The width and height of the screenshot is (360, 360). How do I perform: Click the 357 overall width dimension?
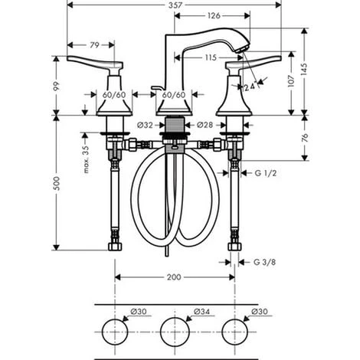[x=175, y=5]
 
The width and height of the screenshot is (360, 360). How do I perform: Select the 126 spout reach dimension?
[x=214, y=15]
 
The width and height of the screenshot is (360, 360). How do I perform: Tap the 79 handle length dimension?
[x=94, y=45]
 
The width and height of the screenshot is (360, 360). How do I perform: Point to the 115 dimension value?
[x=211, y=57]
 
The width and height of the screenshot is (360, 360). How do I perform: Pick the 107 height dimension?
[x=291, y=81]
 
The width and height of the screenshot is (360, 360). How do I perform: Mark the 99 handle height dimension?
[x=57, y=86]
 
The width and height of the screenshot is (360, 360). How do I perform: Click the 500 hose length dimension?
[x=57, y=183]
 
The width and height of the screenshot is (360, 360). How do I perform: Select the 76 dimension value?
[x=305, y=138]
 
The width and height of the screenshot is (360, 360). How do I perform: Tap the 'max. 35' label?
[x=86, y=159]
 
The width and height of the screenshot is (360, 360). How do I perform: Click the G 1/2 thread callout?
[x=266, y=173]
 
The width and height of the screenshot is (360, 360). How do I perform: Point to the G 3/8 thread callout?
[x=264, y=262]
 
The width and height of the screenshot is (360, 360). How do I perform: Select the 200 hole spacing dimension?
[x=174, y=277]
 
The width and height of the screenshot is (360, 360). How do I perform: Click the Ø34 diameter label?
[x=201, y=312]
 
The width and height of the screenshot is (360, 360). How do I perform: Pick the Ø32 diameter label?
[x=145, y=125]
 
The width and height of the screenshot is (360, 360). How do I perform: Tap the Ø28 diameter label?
[x=205, y=125]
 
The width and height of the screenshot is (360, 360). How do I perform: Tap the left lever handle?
[x=95, y=63]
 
